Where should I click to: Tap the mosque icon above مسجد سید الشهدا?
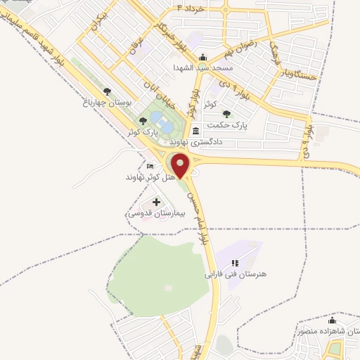[x=203, y=58]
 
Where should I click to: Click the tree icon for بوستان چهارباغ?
[x=107, y=91]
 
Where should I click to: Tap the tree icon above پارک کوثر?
[x=143, y=121]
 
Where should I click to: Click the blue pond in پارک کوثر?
[x=164, y=124]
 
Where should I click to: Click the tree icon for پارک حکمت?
[x=226, y=114]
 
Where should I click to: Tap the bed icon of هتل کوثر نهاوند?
[x=150, y=166]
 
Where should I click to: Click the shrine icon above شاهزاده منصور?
[x=332, y=321]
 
